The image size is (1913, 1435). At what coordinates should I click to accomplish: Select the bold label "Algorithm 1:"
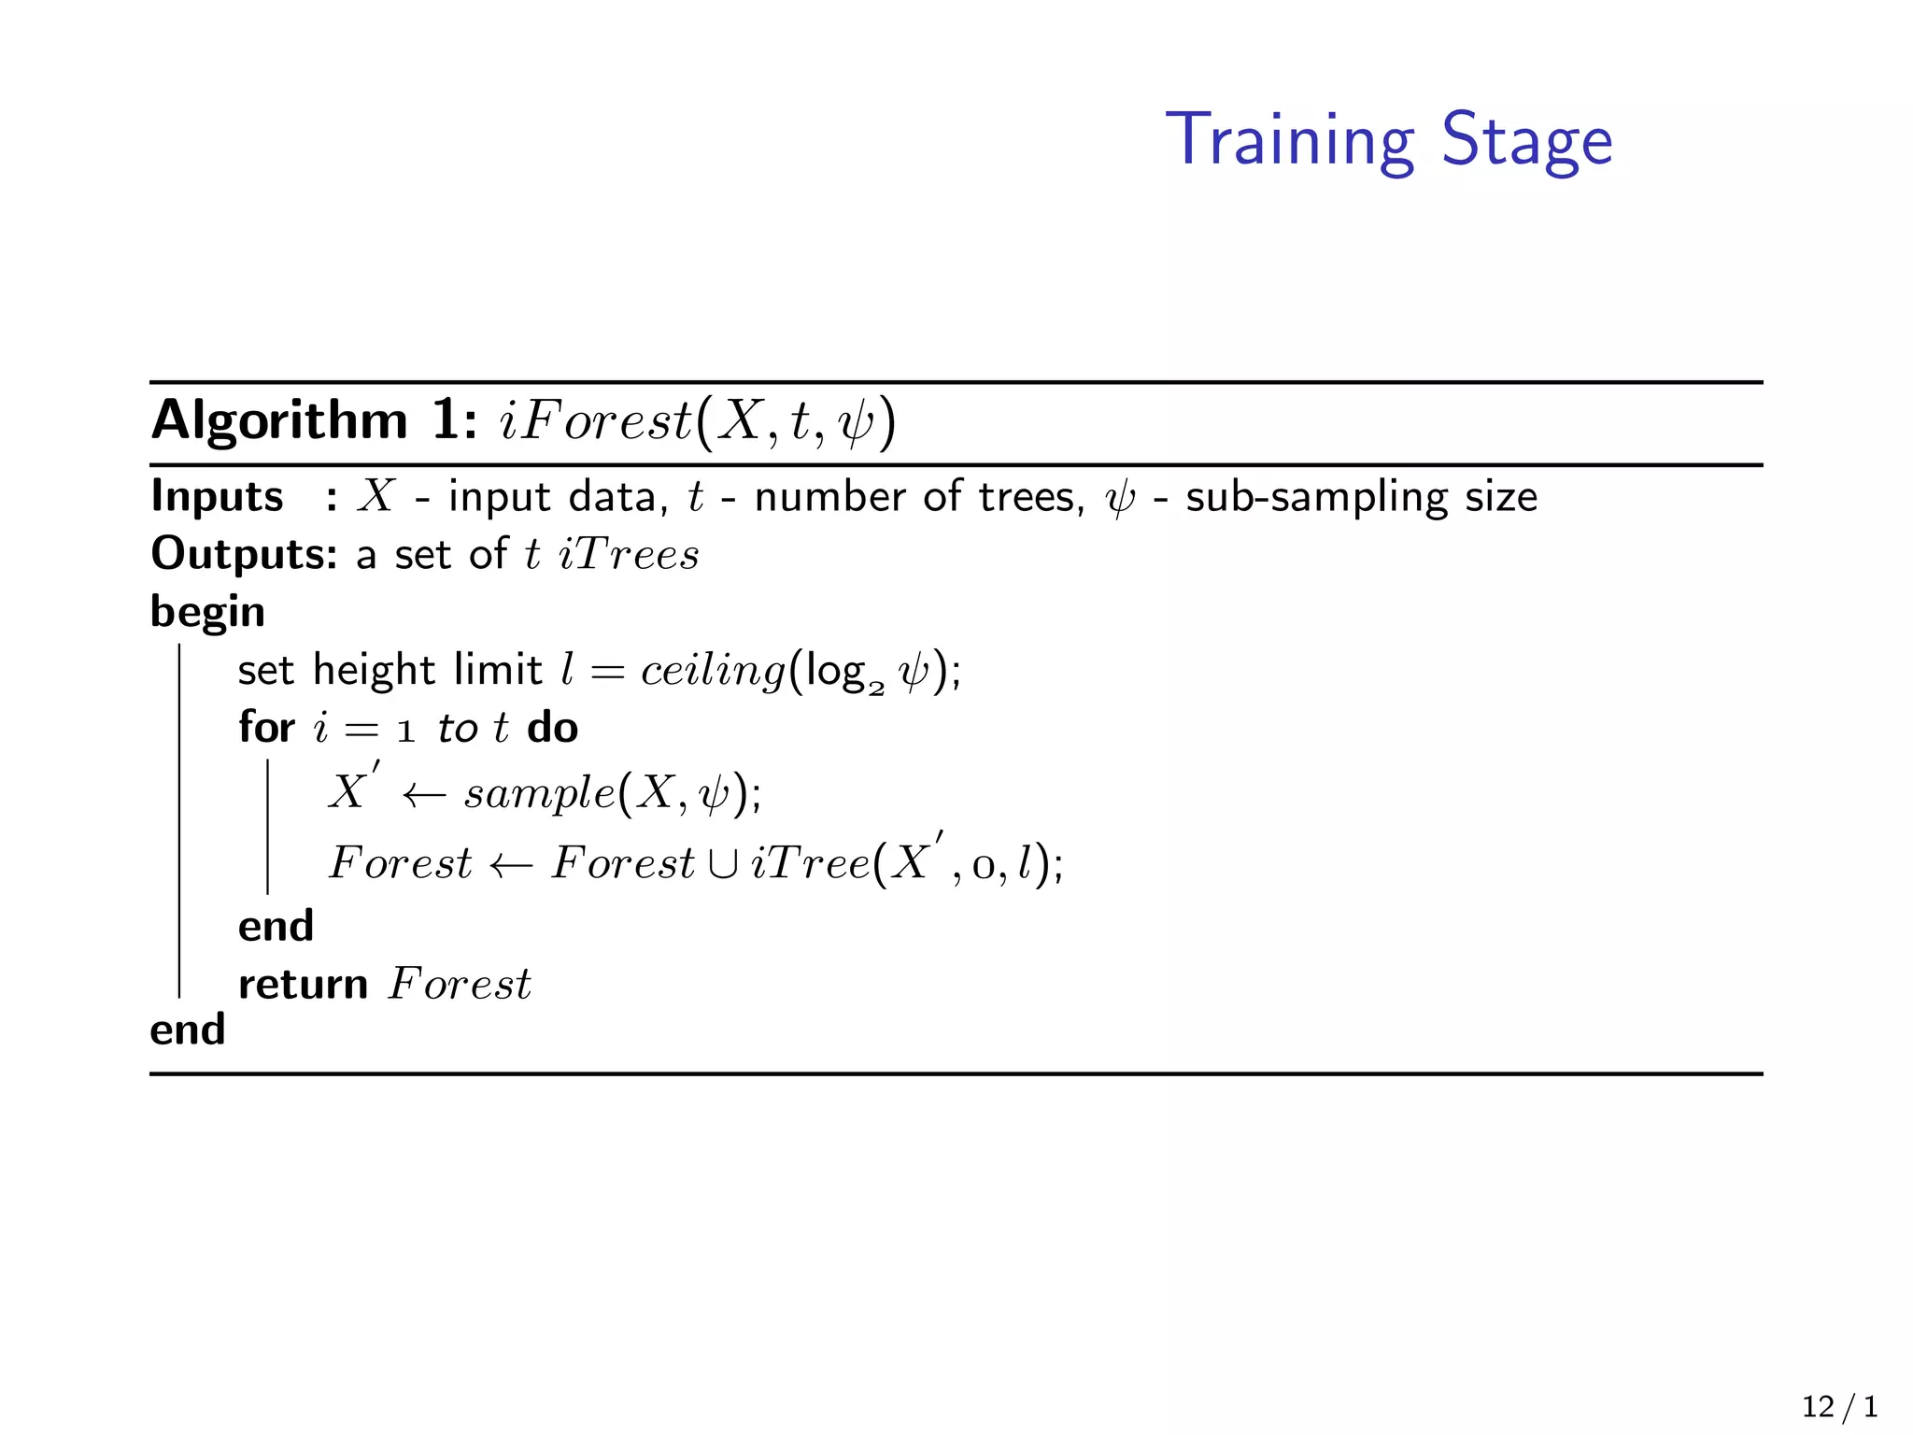pos(315,420)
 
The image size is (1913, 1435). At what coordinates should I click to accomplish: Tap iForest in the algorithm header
pos(595,420)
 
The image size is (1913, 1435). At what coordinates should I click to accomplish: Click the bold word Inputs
pos(217,496)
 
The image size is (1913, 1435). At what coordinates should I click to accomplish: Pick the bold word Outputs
pos(243,554)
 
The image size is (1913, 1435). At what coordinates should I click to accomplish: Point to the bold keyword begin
pos(207,613)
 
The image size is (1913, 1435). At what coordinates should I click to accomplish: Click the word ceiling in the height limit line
pos(713,671)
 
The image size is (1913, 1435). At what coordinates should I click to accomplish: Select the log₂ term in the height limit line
pos(843,673)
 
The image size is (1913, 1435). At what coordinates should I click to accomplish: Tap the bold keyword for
pos(266,728)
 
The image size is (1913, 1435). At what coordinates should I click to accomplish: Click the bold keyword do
pos(552,728)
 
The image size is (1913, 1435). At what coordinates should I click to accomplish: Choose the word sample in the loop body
pos(540,793)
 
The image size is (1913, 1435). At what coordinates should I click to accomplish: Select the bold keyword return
pos(303,985)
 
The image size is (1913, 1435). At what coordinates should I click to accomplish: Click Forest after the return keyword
pos(460,984)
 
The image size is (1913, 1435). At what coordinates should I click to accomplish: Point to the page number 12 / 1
pos(1839,1407)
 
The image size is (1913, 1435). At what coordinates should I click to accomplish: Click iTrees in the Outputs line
pos(628,554)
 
